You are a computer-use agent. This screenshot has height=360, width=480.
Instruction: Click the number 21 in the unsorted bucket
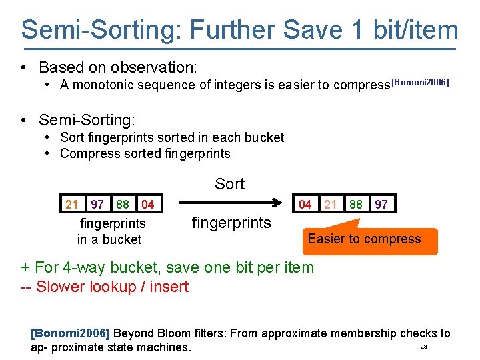click(x=72, y=204)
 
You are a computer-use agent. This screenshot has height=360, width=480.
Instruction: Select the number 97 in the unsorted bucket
click(x=97, y=204)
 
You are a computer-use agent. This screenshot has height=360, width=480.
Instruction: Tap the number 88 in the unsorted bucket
click(x=123, y=204)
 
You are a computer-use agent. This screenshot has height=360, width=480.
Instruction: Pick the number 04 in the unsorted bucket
click(x=148, y=204)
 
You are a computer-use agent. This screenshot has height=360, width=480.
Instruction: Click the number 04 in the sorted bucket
click(x=305, y=204)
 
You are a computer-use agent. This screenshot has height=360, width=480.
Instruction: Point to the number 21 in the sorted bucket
click(x=331, y=204)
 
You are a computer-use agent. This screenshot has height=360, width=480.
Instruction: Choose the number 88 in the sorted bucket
click(x=356, y=204)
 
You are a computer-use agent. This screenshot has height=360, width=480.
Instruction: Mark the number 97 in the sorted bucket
click(x=381, y=204)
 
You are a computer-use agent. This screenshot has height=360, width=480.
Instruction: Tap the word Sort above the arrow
click(x=229, y=184)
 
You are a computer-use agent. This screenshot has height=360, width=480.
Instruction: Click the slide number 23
click(x=423, y=347)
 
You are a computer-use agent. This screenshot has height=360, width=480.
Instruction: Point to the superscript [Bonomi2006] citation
click(x=420, y=83)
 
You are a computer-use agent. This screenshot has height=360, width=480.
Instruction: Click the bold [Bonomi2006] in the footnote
click(x=70, y=333)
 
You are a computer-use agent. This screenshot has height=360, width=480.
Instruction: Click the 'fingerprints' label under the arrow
click(x=231, y=223)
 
